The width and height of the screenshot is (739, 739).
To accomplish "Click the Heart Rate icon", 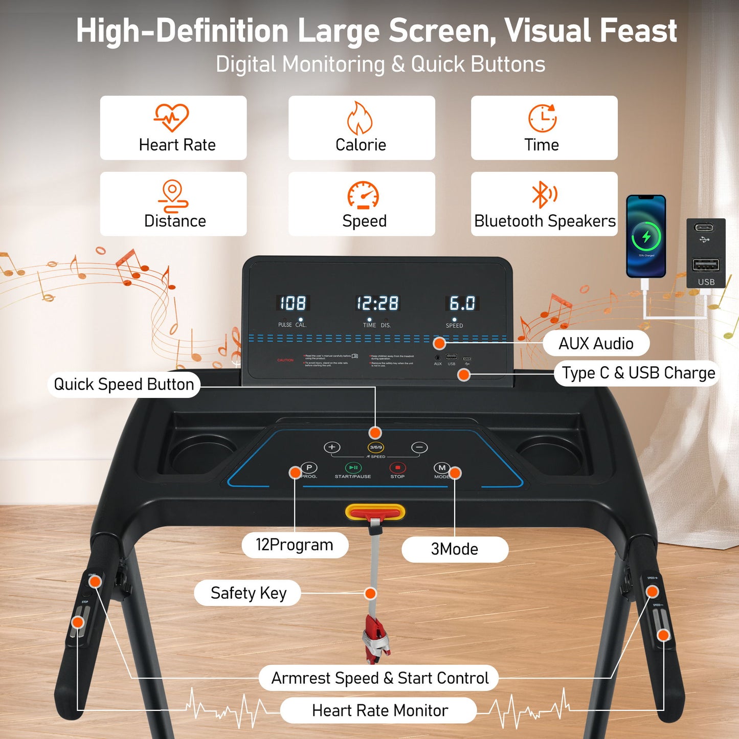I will pos(171,118).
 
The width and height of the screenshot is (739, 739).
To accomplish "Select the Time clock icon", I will pos(542,118).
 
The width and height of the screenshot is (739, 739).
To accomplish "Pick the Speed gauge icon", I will pos(363,195).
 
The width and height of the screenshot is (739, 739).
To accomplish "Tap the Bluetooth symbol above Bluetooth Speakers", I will pos(544,194).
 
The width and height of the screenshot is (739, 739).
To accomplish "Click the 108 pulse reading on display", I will pos(293,303).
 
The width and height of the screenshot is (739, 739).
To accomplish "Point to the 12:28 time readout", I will pos(377,303).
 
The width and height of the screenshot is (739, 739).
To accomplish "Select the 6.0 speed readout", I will pos(462,303).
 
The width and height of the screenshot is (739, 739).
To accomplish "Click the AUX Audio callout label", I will pos(596,343).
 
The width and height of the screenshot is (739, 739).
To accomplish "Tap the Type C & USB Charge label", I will pos(638,373).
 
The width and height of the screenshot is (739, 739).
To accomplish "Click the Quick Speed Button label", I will pos(124,385).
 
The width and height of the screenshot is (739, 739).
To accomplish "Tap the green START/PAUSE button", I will pos(353,467).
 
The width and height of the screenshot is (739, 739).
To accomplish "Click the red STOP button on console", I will pos(397,467).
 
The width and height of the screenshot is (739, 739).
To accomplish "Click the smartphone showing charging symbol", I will pos(646,236).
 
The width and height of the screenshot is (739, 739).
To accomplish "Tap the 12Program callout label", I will pos(295,545).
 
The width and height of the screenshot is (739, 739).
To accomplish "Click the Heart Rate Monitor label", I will pos(379,710).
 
